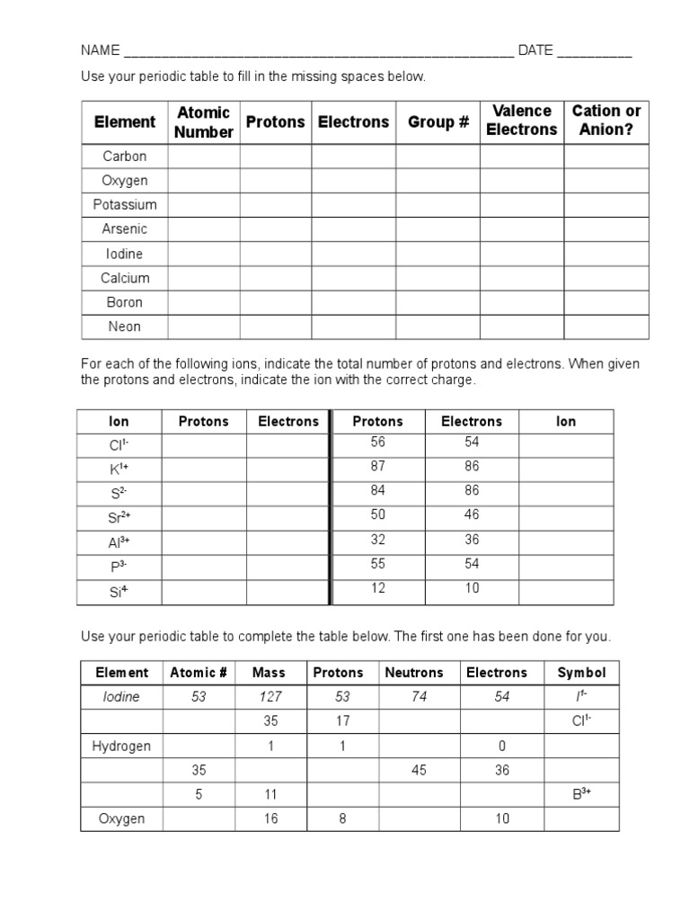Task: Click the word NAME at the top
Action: (x=101, y=50)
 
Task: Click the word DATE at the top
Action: (x=535, y=50)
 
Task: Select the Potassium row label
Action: (x=125, y=205)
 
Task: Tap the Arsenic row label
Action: (x=125, y=229)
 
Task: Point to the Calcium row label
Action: (x=125, y=278)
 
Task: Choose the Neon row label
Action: (x=125, y=326)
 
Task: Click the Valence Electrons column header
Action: (x=522, y=121)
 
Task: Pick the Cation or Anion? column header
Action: (x=606, y=121)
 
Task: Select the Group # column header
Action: (x=438, y=122)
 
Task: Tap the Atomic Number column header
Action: (x=204, y=122)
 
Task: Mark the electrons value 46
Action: (x=472, y=515)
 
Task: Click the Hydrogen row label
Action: (x=121, y=746)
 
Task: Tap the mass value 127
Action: (x=270, y=697)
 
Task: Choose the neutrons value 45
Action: (x=419, y=770)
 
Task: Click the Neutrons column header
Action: (x=414, y=673)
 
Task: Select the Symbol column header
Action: (x=582, y=673)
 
